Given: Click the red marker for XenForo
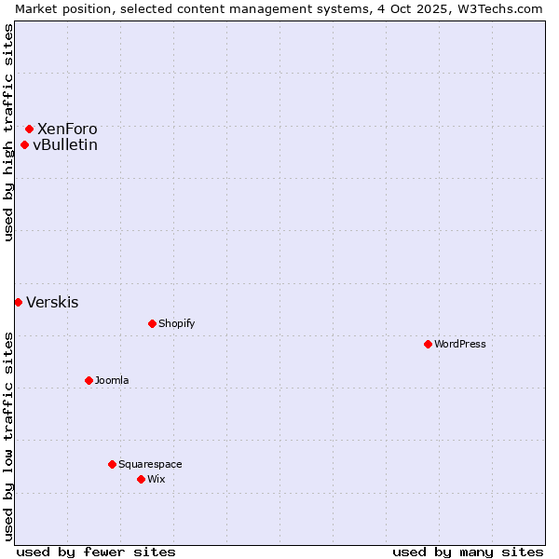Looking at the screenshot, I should [30, 129].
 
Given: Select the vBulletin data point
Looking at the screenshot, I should [25, 144].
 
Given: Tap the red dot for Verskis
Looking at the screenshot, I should [18, 302].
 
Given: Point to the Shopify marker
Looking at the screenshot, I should [152, 323].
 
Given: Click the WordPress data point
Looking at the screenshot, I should [428, 344].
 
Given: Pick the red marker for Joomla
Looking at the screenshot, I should [89, 380].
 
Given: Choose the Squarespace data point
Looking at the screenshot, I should [112, 464].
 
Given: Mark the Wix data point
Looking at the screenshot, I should [141, 479].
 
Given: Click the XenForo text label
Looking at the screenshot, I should [67, 129].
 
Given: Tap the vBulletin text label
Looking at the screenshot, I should [65, 144].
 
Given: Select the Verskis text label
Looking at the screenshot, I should [52, 302].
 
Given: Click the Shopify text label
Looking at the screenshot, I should [176, 323].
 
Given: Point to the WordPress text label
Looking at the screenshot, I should [460, 344].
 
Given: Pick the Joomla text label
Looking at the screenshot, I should [112, 380].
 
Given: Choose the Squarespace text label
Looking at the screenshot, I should [150, 464].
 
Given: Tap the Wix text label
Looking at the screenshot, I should [156, 479].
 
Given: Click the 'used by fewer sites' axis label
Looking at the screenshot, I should [96, 552].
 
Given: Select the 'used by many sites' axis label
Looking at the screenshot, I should [468, 552].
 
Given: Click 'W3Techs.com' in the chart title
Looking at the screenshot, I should [503, 8].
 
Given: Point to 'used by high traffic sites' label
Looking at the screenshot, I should [8, 132].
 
